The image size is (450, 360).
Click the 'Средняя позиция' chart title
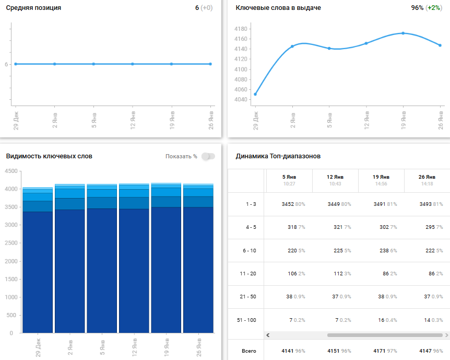tap(33, 8)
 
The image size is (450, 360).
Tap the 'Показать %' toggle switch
tap(208, 156)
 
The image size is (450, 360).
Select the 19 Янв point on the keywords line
tap(403, 33)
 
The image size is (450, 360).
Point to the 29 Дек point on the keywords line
tap(255, 94)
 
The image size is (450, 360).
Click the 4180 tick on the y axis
tap(241, 29)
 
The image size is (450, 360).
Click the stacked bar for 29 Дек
tap(38, 261)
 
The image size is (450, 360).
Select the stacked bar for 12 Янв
tap(134, 261)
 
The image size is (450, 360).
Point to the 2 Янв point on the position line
tap(54, 64)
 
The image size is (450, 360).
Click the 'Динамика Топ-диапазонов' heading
tap(278, 156)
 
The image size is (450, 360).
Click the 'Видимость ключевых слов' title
tap(49, 156)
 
